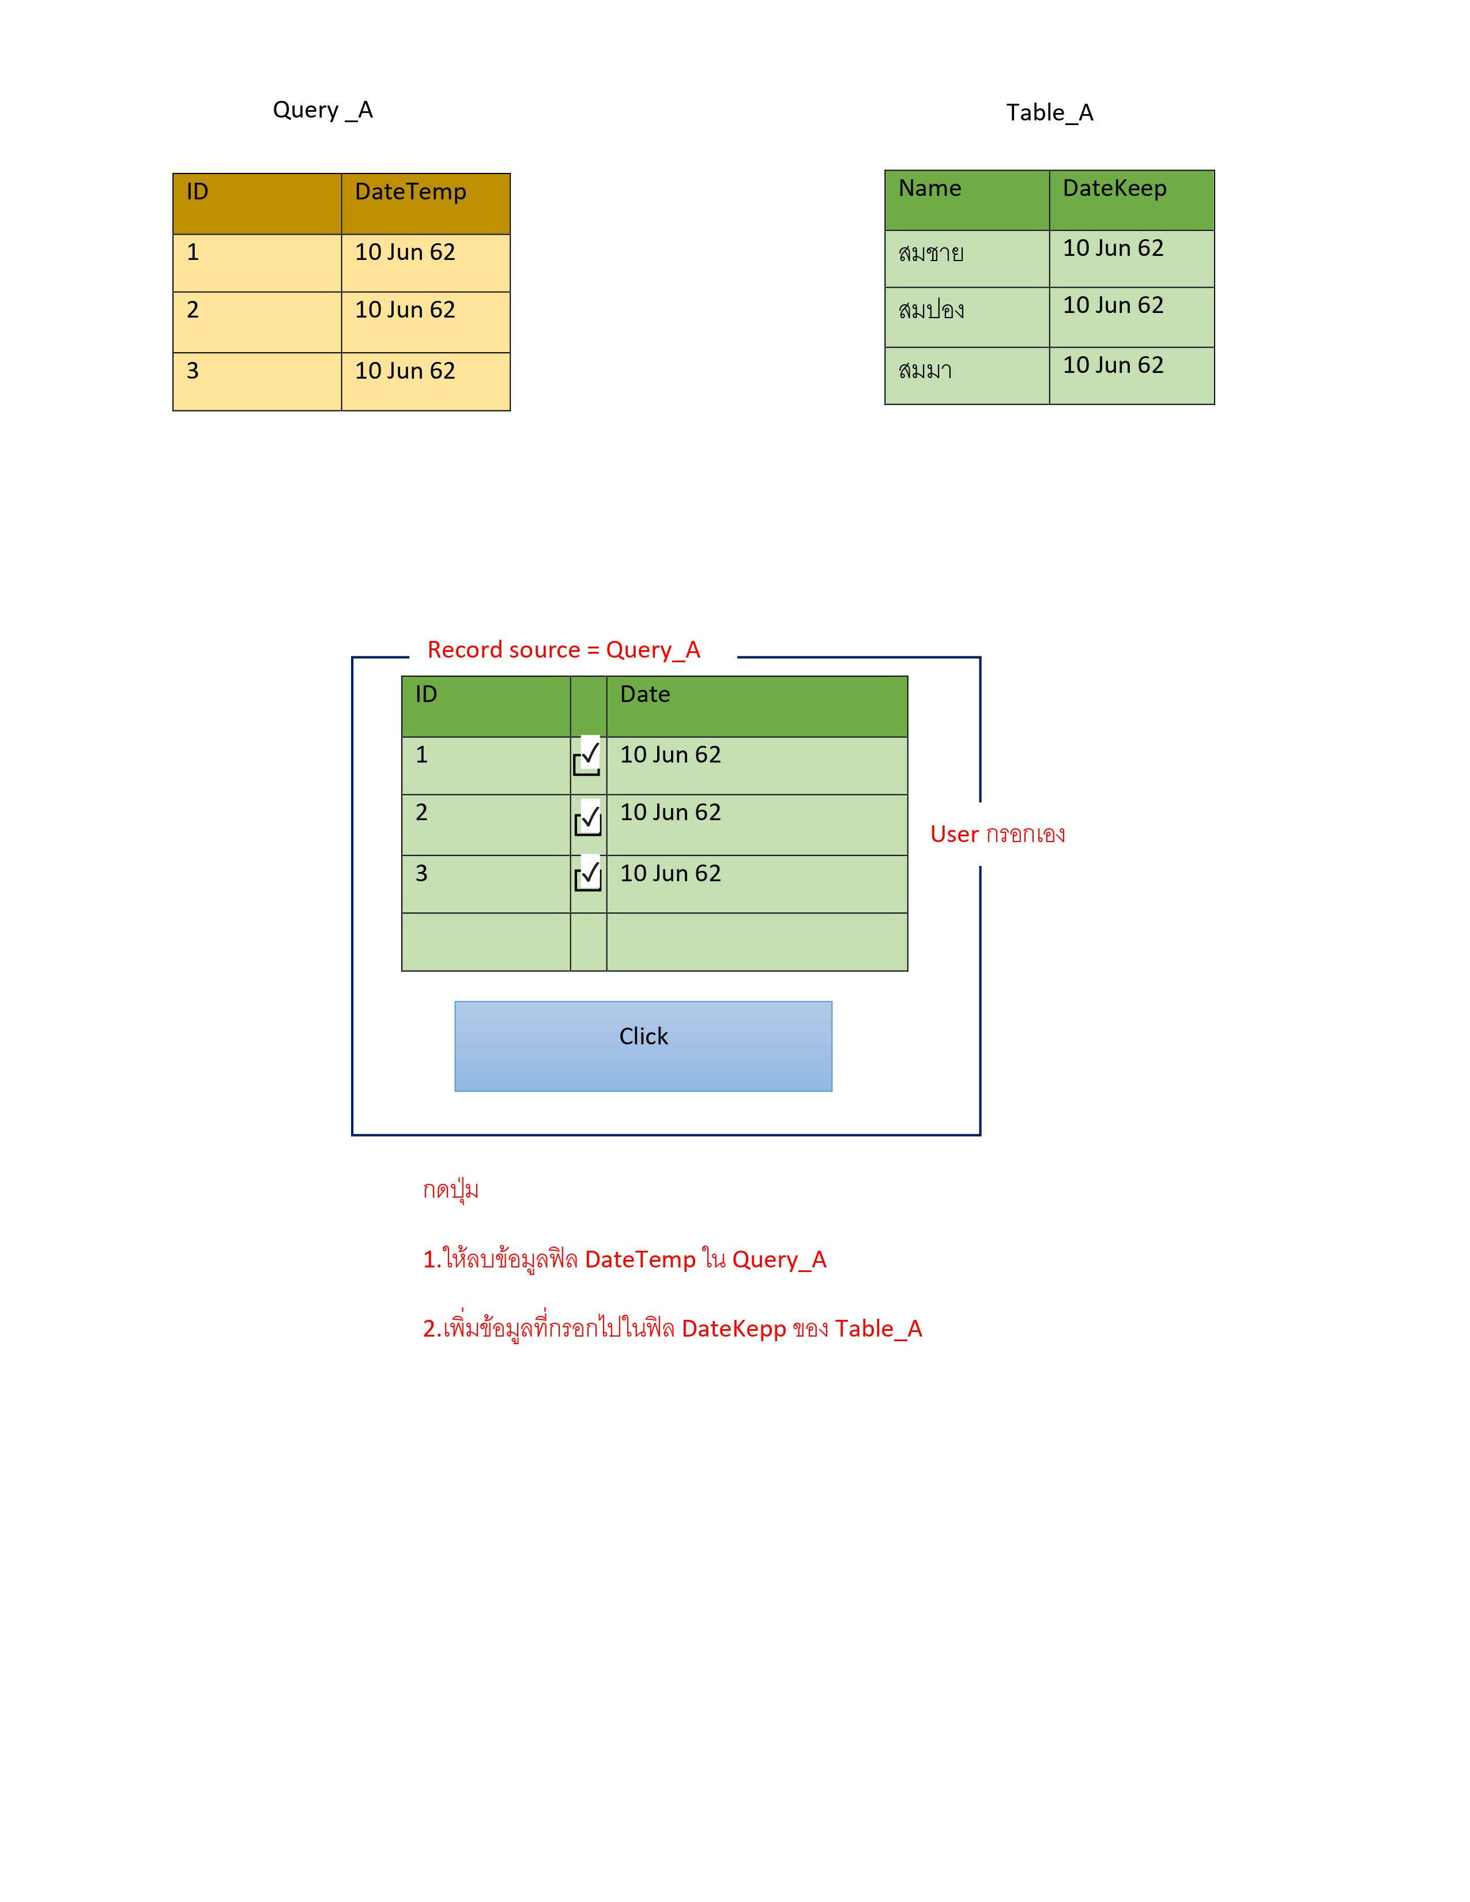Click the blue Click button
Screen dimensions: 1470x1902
pyautogui.click(x=643, y=1046)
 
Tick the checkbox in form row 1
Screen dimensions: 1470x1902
pyautogui.click(x=587, y=756)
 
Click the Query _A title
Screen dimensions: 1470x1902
pyautogui.click(x=322, y=110)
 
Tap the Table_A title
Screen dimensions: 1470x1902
pyautogui.click(x=1049, y=112)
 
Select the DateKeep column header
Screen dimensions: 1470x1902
pyautogui.click(x=1115, y=188)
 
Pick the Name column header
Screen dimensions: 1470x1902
pyautogui.click(x=930, y=188)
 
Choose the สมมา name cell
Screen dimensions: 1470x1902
pyautogui.click(x=925, y=370)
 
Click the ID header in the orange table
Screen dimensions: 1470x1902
pyautogui.click(x=198, y=191)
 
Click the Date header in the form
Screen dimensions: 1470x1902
pyautogui.click(x=645, y=694)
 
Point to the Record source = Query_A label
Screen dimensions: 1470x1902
pyautogui.click(x=563, y=650)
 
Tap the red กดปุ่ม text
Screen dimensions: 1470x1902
pyautogui.click(x=450, y=1190)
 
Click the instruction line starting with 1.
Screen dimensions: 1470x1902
pyautogui.click(x=624, y=1259)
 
